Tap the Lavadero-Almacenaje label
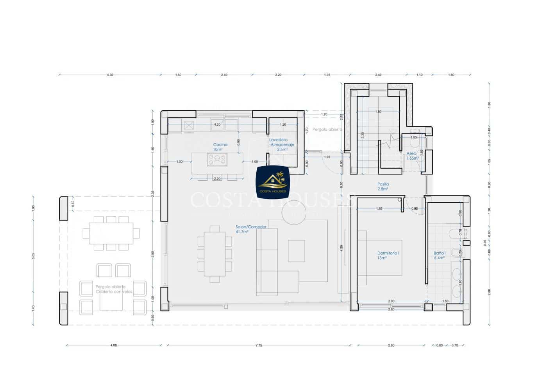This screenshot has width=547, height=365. (281, 144)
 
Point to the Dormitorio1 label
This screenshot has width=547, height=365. (388, 255)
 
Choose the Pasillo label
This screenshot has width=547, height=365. (383, 186)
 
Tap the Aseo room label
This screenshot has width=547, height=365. (412, 156)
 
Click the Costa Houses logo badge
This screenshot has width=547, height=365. (273, 181)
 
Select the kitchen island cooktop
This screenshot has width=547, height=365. (217, 160)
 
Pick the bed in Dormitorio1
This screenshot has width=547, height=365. (380, 258)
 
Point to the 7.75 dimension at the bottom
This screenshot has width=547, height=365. (259, 345)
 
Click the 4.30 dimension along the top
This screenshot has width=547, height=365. (110, 75)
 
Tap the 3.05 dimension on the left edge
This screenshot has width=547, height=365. (34, 256)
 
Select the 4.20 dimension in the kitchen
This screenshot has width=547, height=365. (217, 124)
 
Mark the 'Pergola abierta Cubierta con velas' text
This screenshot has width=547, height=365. (114, 289)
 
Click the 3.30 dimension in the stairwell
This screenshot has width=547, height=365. (363, 135)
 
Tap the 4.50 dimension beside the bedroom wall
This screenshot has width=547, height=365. (341, 248)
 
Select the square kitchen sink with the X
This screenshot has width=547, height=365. (189, 126)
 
